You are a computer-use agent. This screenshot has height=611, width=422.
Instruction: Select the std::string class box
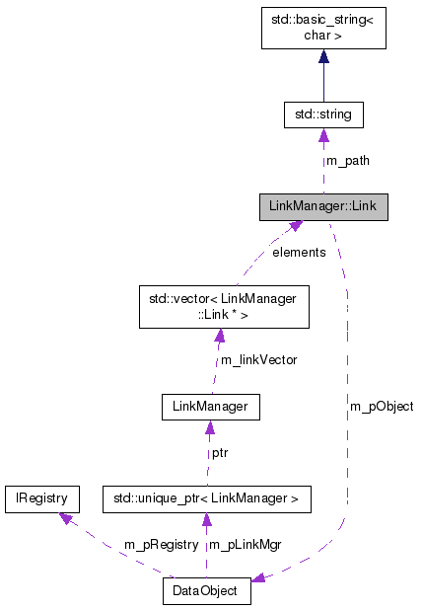[x=322, y=115]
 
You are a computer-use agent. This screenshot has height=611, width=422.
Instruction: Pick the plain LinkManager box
[x=211, y=405]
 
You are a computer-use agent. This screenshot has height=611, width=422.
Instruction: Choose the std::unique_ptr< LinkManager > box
[x=207, y=499]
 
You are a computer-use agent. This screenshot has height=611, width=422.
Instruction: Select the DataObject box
[x=206, y=592]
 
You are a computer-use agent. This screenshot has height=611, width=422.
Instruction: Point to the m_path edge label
[x=344, y=160]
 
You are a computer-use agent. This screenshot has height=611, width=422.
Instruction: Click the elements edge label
[x=299, y=253]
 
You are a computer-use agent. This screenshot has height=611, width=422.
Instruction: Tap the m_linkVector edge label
[x=258, y=360]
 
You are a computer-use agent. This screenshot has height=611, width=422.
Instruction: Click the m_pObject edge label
[x=381, y=406]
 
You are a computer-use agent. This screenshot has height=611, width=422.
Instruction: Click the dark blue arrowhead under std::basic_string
[x=322, y=58]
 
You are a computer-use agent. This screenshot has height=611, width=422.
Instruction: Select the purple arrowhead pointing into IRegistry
[x=65, y=519]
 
